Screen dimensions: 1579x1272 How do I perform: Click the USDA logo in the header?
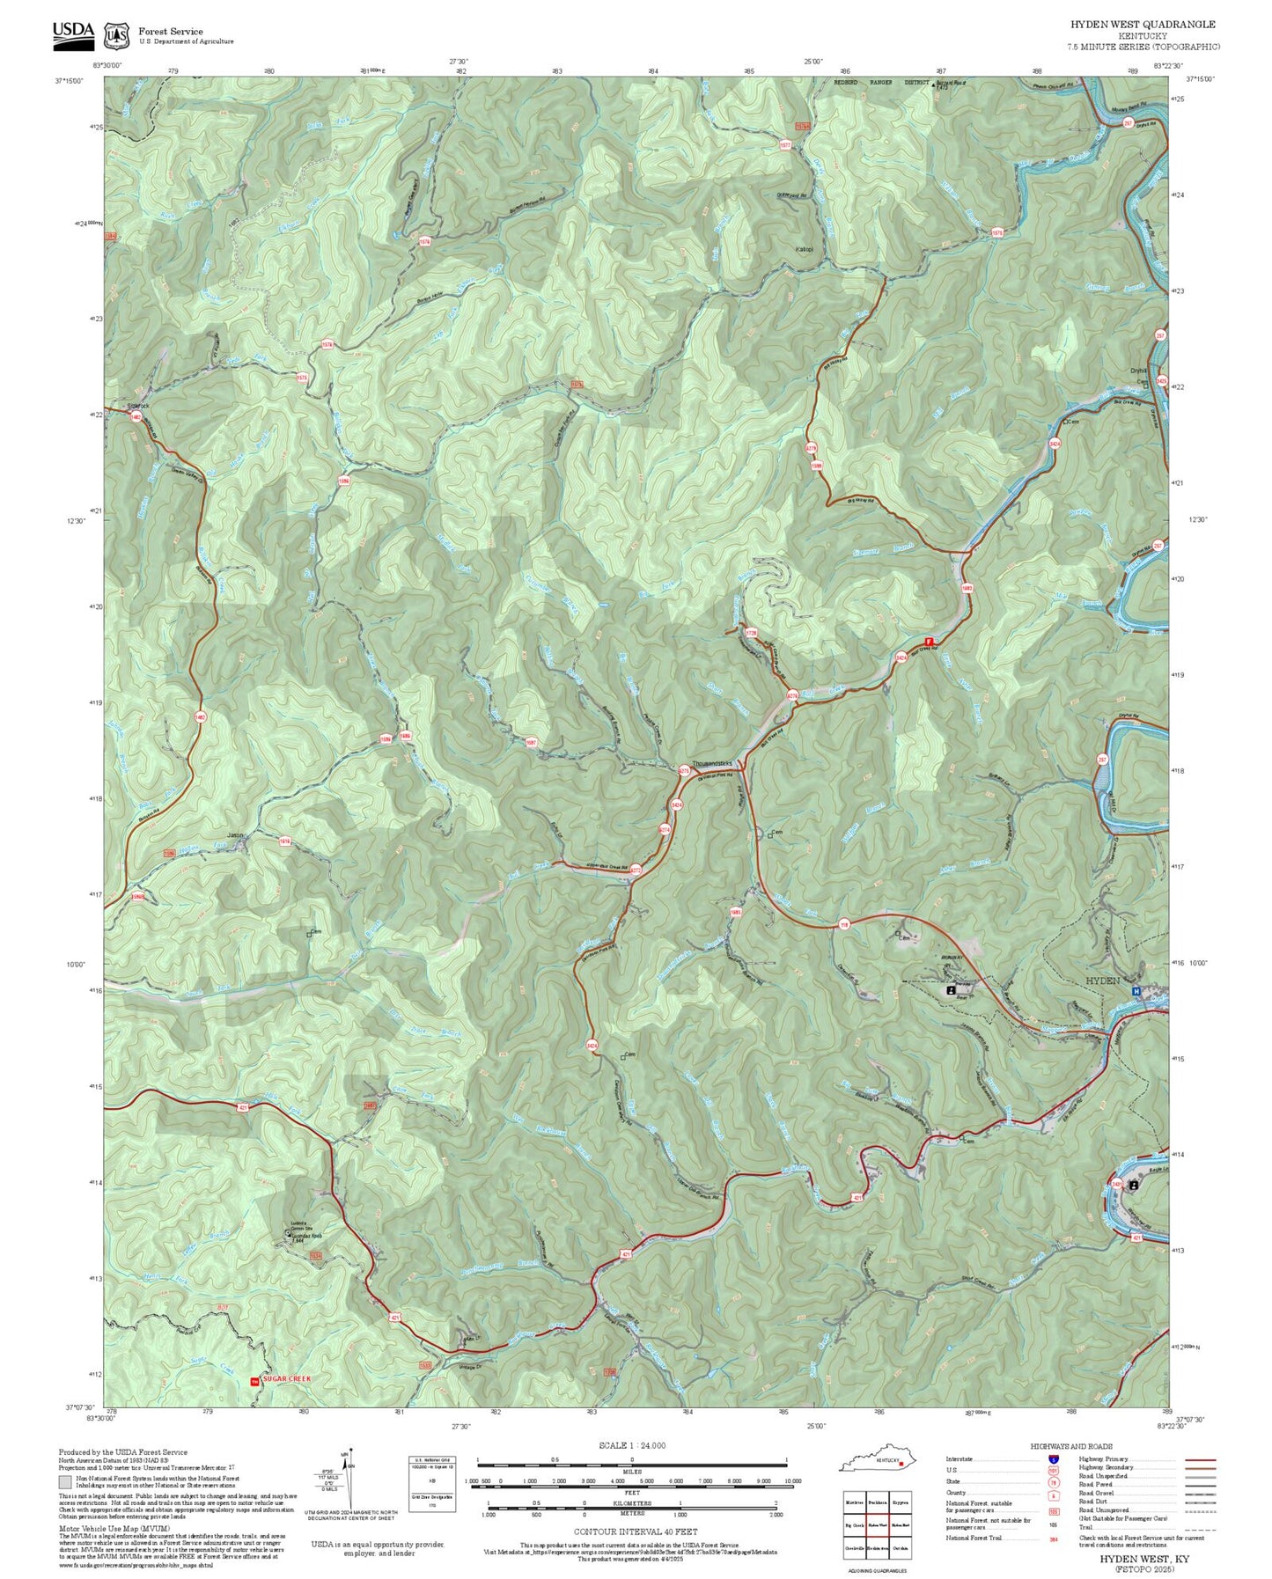pyautogui.click(x=73, y=33)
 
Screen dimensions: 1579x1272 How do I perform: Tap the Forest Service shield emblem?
pyautogui.click(x=116, y=35)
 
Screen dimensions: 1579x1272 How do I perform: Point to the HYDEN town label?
pyautogui.click(x=1102, y=980)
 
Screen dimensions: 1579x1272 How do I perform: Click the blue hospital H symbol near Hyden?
pyautogui.click(x=1135, y=991)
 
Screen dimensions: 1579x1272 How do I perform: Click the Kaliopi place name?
pyautogui.click(x=804, y=249)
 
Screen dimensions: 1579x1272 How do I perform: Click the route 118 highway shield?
pyautogui.click(x=843, y=924)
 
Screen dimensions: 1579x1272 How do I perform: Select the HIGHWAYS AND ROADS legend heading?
pyautogui.click(x=1071, y=1446)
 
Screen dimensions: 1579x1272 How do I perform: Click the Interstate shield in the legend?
pyautogui.click(x=1053, y=1459)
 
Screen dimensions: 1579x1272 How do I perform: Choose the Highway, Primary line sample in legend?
pyautogui.click(x=1200, y=1459)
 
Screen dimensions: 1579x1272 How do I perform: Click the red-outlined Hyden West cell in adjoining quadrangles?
pyautogui.click(x=877, y=1524)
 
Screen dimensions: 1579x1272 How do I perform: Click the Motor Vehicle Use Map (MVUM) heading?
pyautogui.click(x=114, y=1529)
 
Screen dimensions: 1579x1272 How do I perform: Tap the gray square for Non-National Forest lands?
pyautogui.click(x=65, y=1482)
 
